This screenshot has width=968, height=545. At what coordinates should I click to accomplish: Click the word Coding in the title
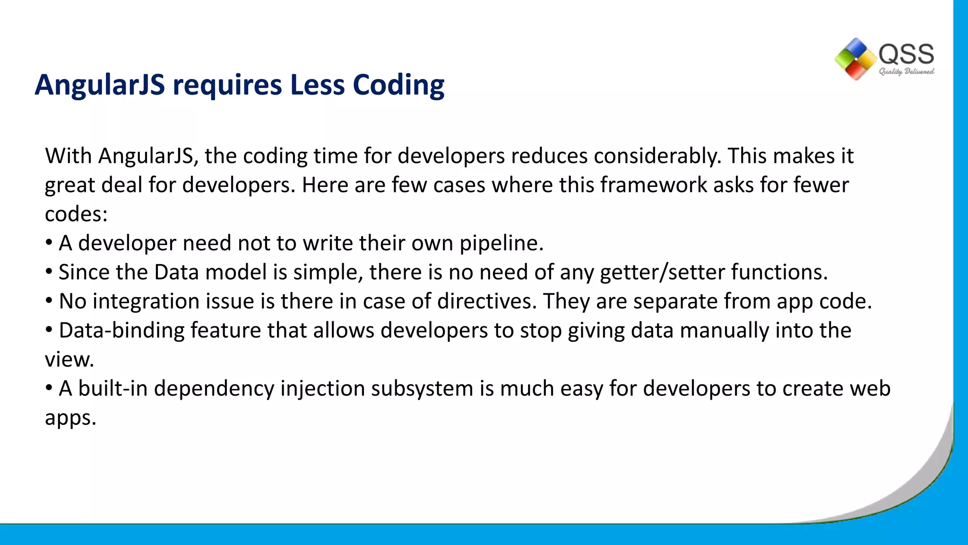[398, 85]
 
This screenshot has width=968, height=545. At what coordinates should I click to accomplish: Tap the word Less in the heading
[317, 85]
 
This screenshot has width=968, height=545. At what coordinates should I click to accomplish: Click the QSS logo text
[906, 54]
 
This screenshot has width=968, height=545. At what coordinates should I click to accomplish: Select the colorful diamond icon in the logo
[856, 59]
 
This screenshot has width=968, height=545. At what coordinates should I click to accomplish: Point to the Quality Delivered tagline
[906, 71]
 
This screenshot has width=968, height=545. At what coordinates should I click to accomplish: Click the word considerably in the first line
[657, 156]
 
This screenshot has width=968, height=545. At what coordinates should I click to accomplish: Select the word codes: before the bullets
[76, 214]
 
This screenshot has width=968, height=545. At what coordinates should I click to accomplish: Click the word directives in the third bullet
[487, 301]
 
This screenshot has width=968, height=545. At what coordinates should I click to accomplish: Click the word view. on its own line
[69, 360]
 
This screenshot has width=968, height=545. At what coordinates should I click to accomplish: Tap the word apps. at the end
[70, 418]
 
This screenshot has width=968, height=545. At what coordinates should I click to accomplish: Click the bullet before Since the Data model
[49, 272]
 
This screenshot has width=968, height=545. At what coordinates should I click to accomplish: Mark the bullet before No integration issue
[49, 301]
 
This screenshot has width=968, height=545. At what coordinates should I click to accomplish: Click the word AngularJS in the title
[100, 85]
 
